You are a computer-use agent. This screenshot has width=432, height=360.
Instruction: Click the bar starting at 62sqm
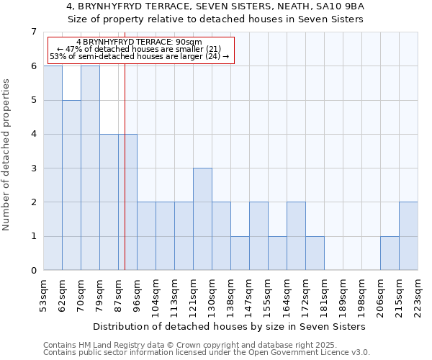(x=71, y=185)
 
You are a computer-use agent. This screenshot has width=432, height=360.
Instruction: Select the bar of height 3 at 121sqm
(x=202, y=219)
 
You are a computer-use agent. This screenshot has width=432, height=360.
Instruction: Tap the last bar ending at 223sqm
(x=408, y=236)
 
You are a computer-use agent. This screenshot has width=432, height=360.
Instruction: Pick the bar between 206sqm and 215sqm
(x=390, y=253)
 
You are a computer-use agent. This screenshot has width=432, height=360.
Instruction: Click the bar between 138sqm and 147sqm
(x=240, y=253)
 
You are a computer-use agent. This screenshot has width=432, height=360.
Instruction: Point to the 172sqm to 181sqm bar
(x=315, y=253)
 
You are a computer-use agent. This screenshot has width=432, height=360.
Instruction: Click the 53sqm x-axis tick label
(x=43, y=295)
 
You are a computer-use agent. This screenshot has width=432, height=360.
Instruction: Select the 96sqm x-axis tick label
(x=137, y=295)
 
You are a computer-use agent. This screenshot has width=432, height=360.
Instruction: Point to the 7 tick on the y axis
(x=33, y=32)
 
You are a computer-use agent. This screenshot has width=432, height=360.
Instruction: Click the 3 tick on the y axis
(x=33, y=168)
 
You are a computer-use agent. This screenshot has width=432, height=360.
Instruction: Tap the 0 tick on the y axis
(x=33, y=271)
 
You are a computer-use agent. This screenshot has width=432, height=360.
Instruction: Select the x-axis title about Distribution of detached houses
(x=230, y=326)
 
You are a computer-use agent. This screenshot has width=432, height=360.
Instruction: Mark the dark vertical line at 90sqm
(x=125, y=180)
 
